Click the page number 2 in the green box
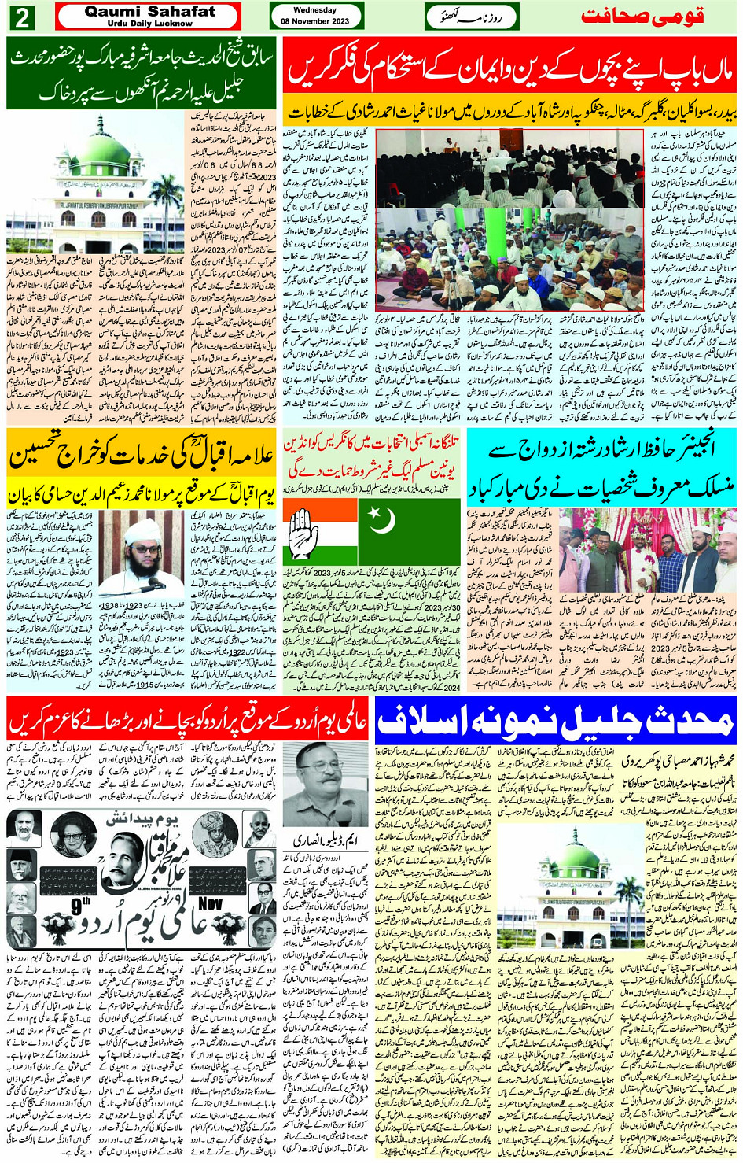21,17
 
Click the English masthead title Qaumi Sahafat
149,11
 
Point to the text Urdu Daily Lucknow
149,24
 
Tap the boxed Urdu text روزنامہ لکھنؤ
472,17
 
